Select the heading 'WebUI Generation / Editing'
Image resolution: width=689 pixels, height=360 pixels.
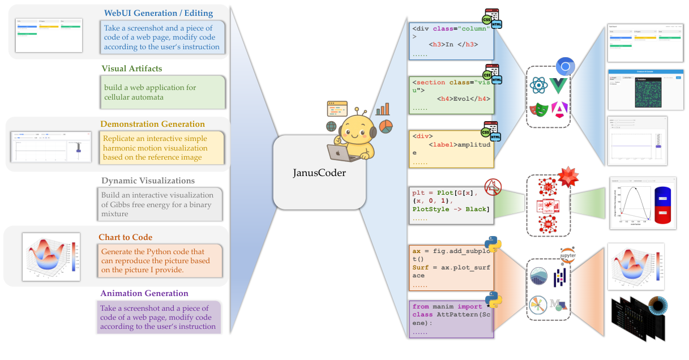(x=159, y=13)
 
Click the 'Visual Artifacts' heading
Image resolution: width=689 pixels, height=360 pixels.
(x=131, y=68)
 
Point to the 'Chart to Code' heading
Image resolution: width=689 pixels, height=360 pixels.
(x=125, y=237)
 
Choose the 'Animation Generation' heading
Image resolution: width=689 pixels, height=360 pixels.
(x=144, y=293)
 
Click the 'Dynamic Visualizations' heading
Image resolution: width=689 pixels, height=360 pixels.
(x=148, y=181)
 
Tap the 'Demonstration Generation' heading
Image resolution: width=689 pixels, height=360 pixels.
(x=152, y=124)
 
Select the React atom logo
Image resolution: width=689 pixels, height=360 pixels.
(x=538, y=86)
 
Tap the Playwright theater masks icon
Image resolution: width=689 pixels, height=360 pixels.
(x=539, y=109)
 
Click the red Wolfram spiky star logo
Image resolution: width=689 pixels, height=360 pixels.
(x=568, y=177)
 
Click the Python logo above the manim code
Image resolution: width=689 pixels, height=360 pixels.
(x=494, y=301)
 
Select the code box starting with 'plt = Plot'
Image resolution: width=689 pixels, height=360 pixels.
(x=451, y=205)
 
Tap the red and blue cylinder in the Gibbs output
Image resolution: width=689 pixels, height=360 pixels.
(x=664, y=207)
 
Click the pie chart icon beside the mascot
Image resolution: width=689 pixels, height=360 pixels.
(x=386, y=125)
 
